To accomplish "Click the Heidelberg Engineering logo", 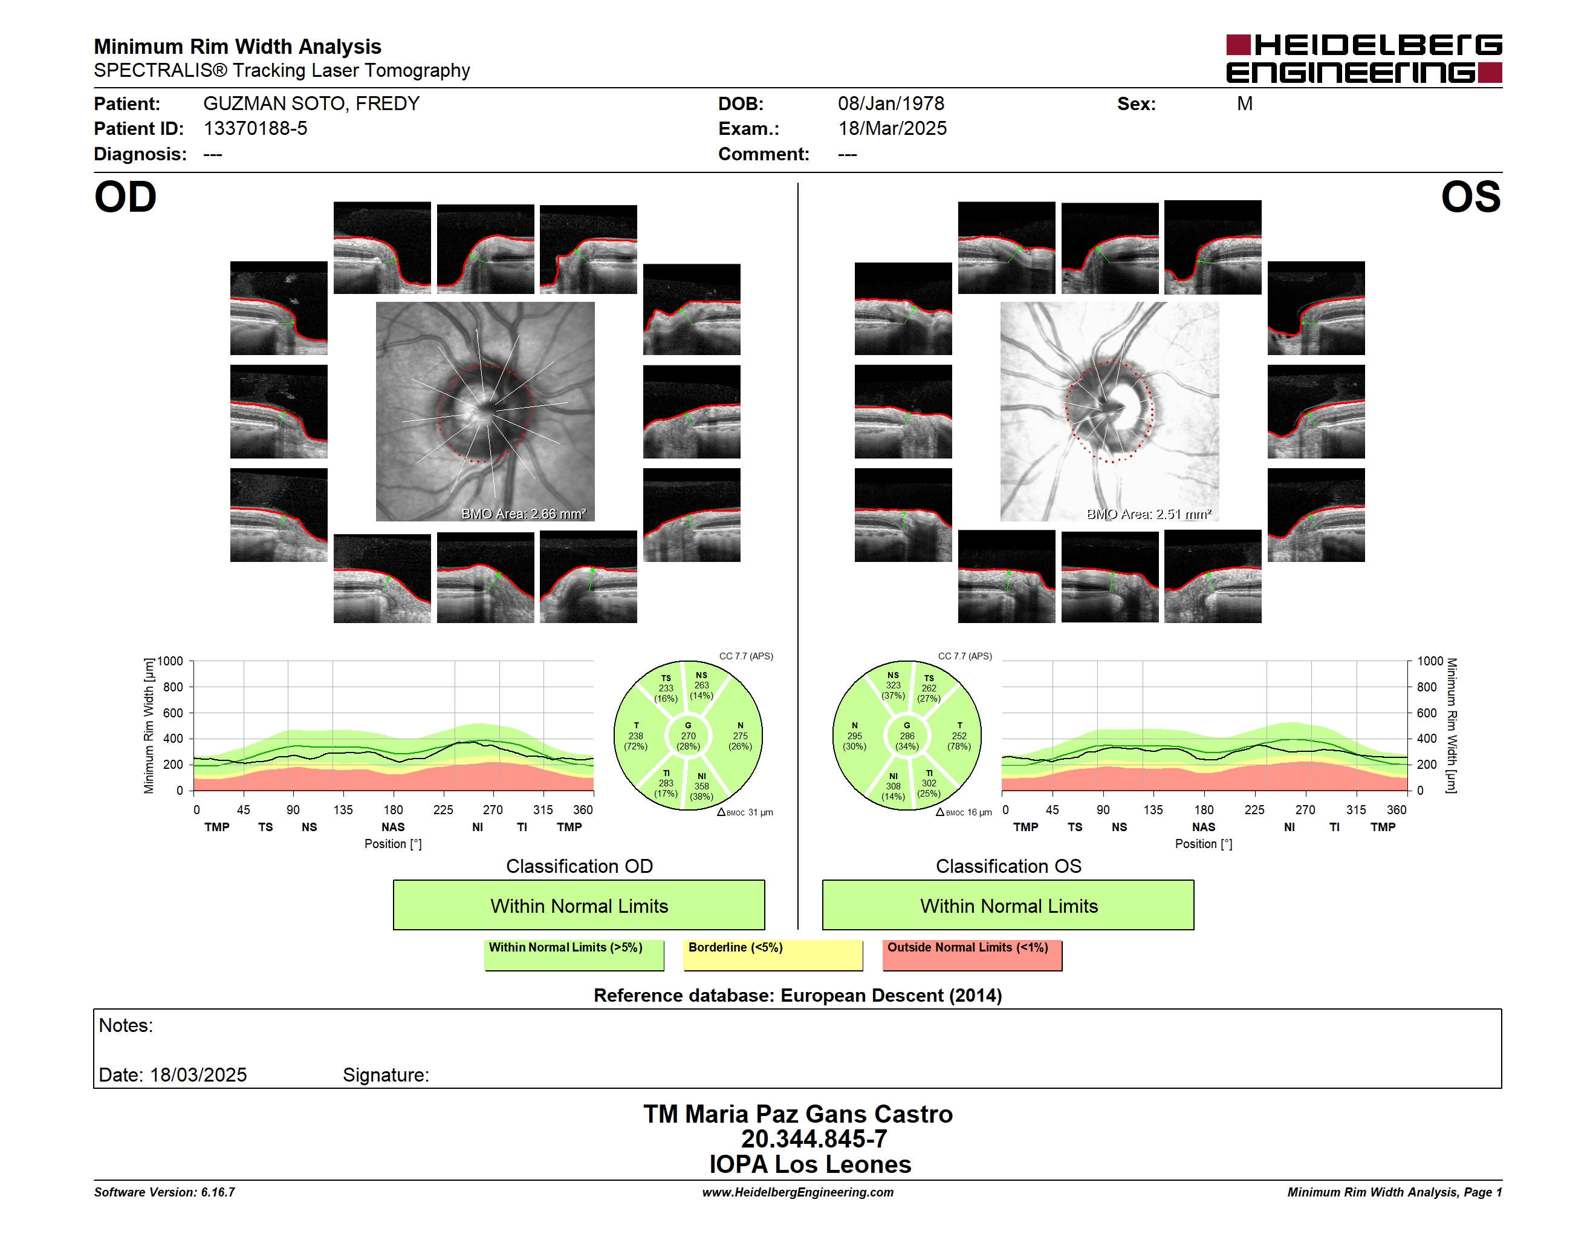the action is pos(1364,59).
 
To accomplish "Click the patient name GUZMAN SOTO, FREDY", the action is pos(311,104).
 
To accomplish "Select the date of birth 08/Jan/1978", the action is pos(891,104).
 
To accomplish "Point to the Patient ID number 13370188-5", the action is pos(255,129).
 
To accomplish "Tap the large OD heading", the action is pos(125,197).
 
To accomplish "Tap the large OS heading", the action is pos(1470,197).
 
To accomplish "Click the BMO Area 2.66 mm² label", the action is pos(523,514).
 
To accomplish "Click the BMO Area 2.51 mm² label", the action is pos(1149,514).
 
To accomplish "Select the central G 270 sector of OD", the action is pos(689,736).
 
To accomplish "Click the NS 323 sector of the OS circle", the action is pos(893,685).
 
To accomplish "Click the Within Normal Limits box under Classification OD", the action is pos(579,905).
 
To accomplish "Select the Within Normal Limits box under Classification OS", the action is pos(1008,905).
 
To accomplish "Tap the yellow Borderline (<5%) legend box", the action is pos(773,955).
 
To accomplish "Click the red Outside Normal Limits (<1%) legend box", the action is pos(972,955).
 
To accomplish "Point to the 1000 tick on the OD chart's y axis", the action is pos(170,661).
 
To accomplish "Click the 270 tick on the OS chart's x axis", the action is pos(1305,809).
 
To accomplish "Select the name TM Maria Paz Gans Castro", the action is pos(798,1114).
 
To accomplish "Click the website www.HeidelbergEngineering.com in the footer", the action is pos(798,1192).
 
